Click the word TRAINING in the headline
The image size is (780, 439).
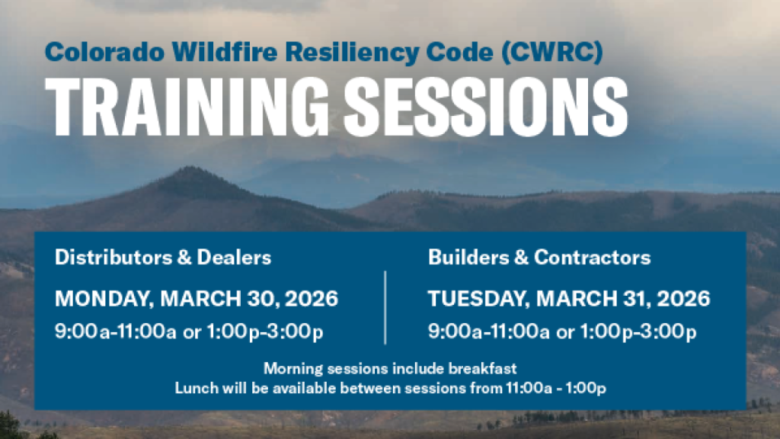[x=187, y=107]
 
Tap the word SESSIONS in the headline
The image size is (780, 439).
[x=486, y=107]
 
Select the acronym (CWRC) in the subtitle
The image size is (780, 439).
[x=552, y=53]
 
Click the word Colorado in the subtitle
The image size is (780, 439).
[x=104, y=53]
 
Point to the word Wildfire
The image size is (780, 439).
[x=225, y=52]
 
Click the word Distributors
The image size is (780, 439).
[x=113, y=258]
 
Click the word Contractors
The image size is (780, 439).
[x=592, y=258]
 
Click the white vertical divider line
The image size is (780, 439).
[x=385, y=308]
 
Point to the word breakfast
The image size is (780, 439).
[x=482, y=368]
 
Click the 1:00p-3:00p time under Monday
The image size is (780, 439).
[x=264, y=332]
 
